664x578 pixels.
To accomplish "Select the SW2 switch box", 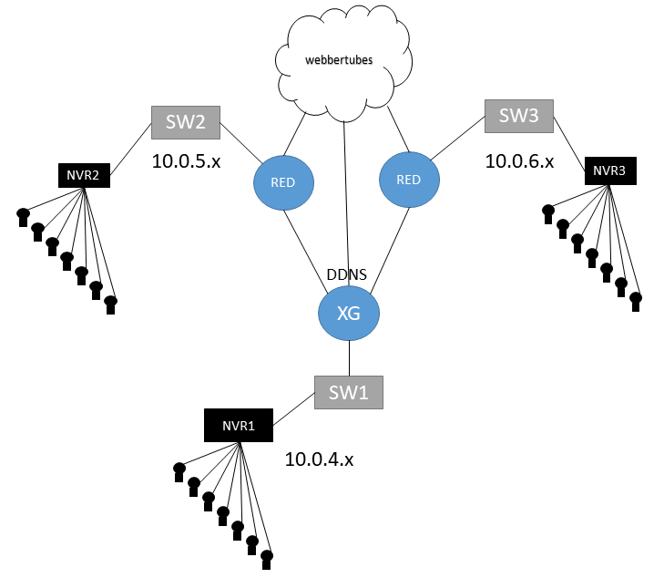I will pyautogui.click(x=186, y=122).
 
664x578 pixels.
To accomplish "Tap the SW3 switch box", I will pyautogui.click(x=519, y=116).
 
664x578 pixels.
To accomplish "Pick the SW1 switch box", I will pyautogui.click(x=349, y=392).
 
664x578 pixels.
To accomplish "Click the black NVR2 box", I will pyautogui.click(x=84, y=174).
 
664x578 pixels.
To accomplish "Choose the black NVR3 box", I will pyautogui.click(x=609, y=170).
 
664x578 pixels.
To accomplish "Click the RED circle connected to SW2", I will pyautogui.click(x=282, y=181).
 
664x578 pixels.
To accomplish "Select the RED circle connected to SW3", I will pyautogui.click(x=408, y=179).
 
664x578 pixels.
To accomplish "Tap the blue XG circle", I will pyautogui.click(x=348, y=314).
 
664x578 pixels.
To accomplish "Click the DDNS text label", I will pyautogui.click(x=346, y=275).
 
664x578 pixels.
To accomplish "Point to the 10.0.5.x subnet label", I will pyautogui.click(x=187, y=161).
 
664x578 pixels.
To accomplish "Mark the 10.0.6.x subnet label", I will pyautogui.click(x=519, y=161).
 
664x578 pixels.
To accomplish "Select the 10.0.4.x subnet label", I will pyautogui.click(x=319, y=459).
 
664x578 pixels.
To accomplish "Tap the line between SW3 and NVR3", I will pyautogui.click(x=570, y=142).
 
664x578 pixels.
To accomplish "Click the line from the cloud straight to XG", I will pyautogui.click(x=346, y=191).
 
